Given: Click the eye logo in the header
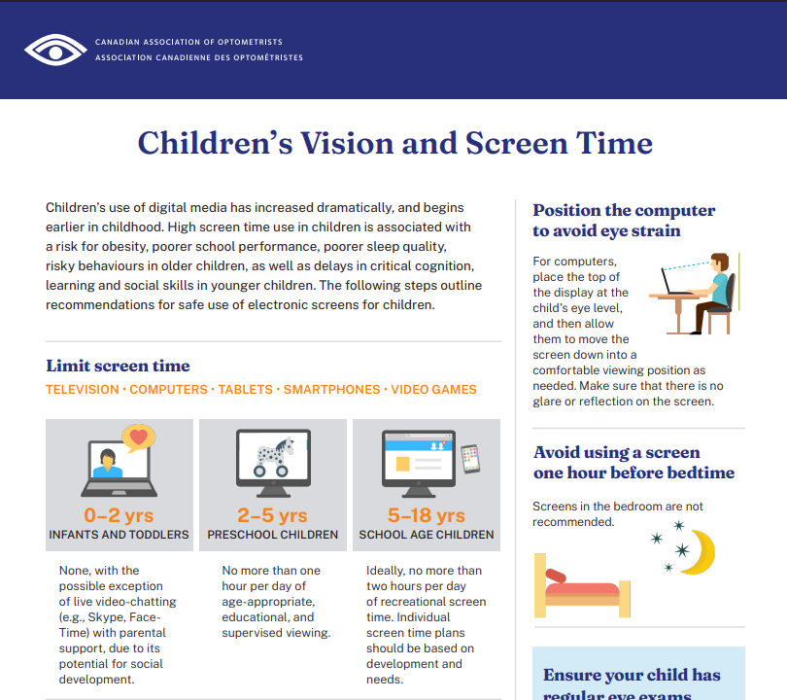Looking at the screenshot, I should coord(56,50).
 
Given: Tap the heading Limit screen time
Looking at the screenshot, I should coord(118,366).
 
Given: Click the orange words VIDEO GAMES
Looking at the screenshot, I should coord(433,390).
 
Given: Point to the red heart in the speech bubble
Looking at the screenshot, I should coord(138,438).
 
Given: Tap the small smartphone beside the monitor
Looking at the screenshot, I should coord(470,459).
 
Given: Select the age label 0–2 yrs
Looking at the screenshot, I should coord(119,515).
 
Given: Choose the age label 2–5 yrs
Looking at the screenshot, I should coord(272,515).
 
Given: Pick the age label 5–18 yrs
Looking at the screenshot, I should coord(426,515).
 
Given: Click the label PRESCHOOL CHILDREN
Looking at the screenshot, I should coord(273,535).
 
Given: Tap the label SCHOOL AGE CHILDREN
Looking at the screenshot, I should coord(427,535).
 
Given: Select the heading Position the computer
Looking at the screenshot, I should coord(624,210).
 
